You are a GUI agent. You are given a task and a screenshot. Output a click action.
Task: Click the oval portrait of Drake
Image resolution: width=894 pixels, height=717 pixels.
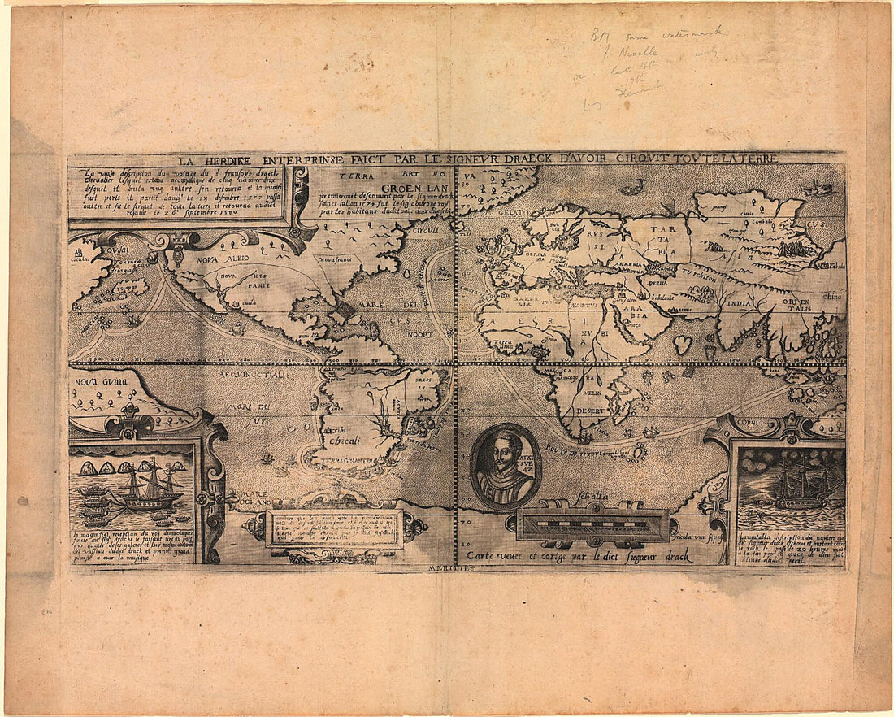[x=505, y=466]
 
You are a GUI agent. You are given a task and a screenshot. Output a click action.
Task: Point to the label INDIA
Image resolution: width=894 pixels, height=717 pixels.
[x=739, y=304]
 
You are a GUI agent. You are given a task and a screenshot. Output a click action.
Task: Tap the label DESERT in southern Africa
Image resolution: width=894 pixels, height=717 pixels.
[x=592, y=410]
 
